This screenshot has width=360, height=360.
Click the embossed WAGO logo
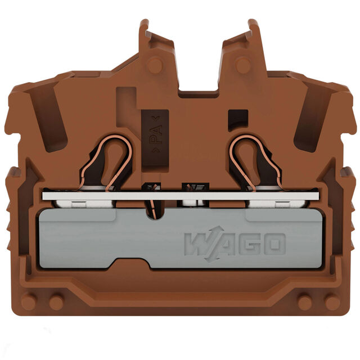pos(235,244)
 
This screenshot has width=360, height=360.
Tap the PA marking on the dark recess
pos(156,134)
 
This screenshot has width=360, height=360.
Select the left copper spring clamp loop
pos(106,162)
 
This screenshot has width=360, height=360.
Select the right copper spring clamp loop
pos(255,162)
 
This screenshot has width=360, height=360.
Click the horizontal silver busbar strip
pos(181,196)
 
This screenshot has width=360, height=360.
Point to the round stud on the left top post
pos(155,65)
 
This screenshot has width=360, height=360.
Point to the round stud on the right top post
pos(243,65)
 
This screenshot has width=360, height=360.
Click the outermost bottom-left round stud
pos(29,301)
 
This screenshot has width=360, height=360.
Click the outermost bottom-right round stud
pos(332,301)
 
